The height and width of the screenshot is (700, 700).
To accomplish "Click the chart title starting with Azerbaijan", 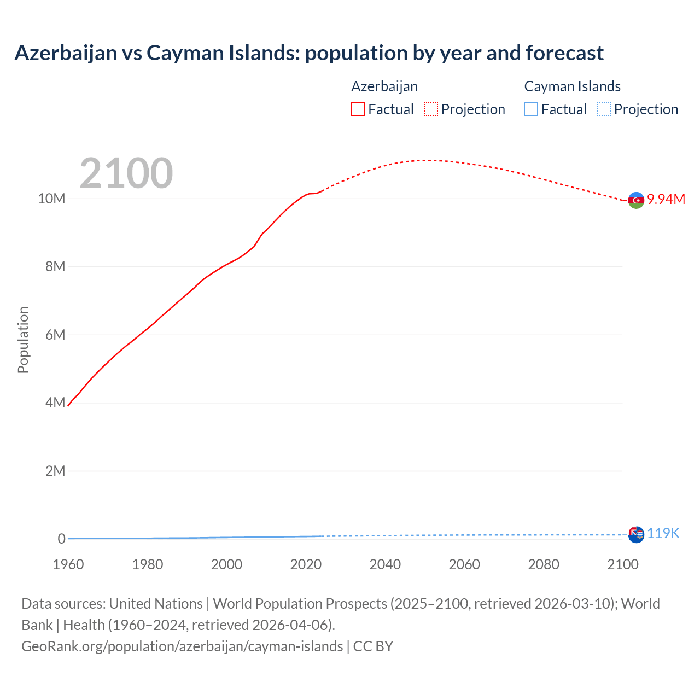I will (x=309, y=53).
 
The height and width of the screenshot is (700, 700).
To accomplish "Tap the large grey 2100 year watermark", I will (x=126, y=173).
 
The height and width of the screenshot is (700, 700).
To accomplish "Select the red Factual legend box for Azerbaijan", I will (x=358, y=109).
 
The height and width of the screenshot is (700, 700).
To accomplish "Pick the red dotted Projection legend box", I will (x=431, y=109).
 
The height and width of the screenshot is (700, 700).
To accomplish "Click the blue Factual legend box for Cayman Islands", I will (x=530, y=109).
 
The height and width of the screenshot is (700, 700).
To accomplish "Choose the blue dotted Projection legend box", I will (x=604, y=109).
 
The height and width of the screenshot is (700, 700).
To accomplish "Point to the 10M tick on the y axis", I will (x=51, y=199).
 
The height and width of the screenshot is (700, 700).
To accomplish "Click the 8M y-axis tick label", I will (x=55, y=267).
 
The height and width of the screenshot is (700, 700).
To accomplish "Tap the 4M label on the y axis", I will (x=55, y=403).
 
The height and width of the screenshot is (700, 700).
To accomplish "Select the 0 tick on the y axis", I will (x=61, y=539).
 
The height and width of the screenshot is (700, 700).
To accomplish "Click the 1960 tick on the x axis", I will (x=68, y=564).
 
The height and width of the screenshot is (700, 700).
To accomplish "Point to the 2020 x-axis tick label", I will (x=306, y=564).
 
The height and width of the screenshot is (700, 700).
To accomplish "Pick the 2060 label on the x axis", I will (x=464, y=564).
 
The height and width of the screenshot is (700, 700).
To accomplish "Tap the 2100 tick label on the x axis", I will (x=622, y=564).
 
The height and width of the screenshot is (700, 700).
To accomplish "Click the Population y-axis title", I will (x=23, y=340).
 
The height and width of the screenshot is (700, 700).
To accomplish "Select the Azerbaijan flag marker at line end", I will (x=636, y=201).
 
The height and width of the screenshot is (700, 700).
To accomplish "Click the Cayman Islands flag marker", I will (x=636, y=535).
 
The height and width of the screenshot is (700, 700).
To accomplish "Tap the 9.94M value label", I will (x=666, y=199).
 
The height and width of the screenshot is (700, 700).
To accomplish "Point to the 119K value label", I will (x=663, y=534).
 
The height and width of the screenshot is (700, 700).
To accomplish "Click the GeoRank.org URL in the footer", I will (x=182, y=646).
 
